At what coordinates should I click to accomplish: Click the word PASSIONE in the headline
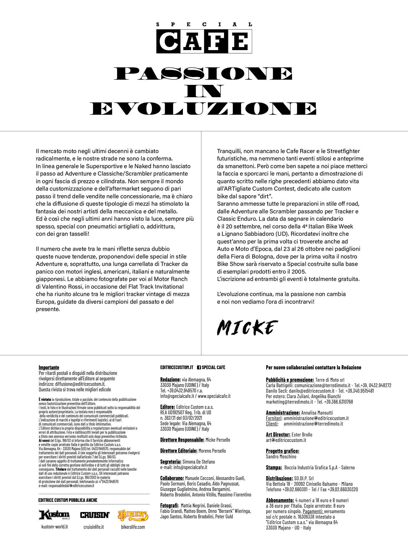click(x=204, y=73)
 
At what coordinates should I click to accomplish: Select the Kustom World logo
click(x=54, y=515)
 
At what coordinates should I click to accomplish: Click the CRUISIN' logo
click(x=95, y=515)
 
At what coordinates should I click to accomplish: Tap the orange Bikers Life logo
click(x=133, y=515)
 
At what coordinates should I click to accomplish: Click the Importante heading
click(x=49, y=367)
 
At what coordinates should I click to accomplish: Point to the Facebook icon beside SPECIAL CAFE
click(x=199, y=367)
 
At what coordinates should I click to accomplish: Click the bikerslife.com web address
click(x=133, y=527)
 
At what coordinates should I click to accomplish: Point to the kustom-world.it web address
click(x=54, y=527)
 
